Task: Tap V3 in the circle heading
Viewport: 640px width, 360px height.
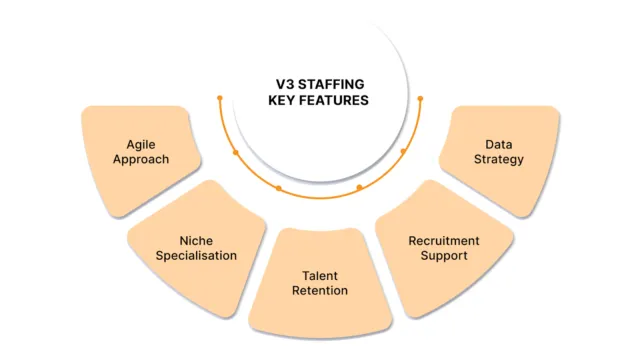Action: coord(286,83)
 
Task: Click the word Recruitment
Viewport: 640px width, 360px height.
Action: coord(444,241)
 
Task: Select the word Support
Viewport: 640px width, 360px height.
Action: coord(444,256)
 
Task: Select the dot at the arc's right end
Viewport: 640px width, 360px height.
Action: coord(420,98)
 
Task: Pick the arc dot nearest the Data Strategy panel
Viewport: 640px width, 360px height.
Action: coord(403,151)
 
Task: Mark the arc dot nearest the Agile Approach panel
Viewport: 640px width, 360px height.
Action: coord(235,152)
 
